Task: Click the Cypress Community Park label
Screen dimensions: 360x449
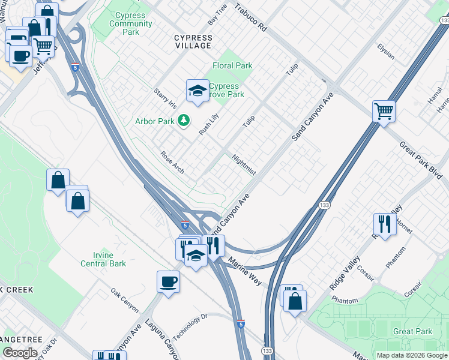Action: tap(130, 24)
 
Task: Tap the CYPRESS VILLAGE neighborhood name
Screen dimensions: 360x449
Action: tap(193, 41)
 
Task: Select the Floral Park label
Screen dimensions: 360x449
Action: tap(232, 65)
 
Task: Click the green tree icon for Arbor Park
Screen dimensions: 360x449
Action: tap(184, 121)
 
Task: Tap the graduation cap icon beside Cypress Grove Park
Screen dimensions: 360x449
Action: tap(196, 90)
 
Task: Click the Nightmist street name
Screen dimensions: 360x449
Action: tap(244, 165)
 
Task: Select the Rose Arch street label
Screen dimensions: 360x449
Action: tap(172, 163)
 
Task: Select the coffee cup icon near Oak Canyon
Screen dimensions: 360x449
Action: tap(168, 281)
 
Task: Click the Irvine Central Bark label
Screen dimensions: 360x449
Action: tap(104, 259)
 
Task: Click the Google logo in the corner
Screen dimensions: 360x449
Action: tap(20, 353)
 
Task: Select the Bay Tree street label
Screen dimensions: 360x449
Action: tap(217, 14)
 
